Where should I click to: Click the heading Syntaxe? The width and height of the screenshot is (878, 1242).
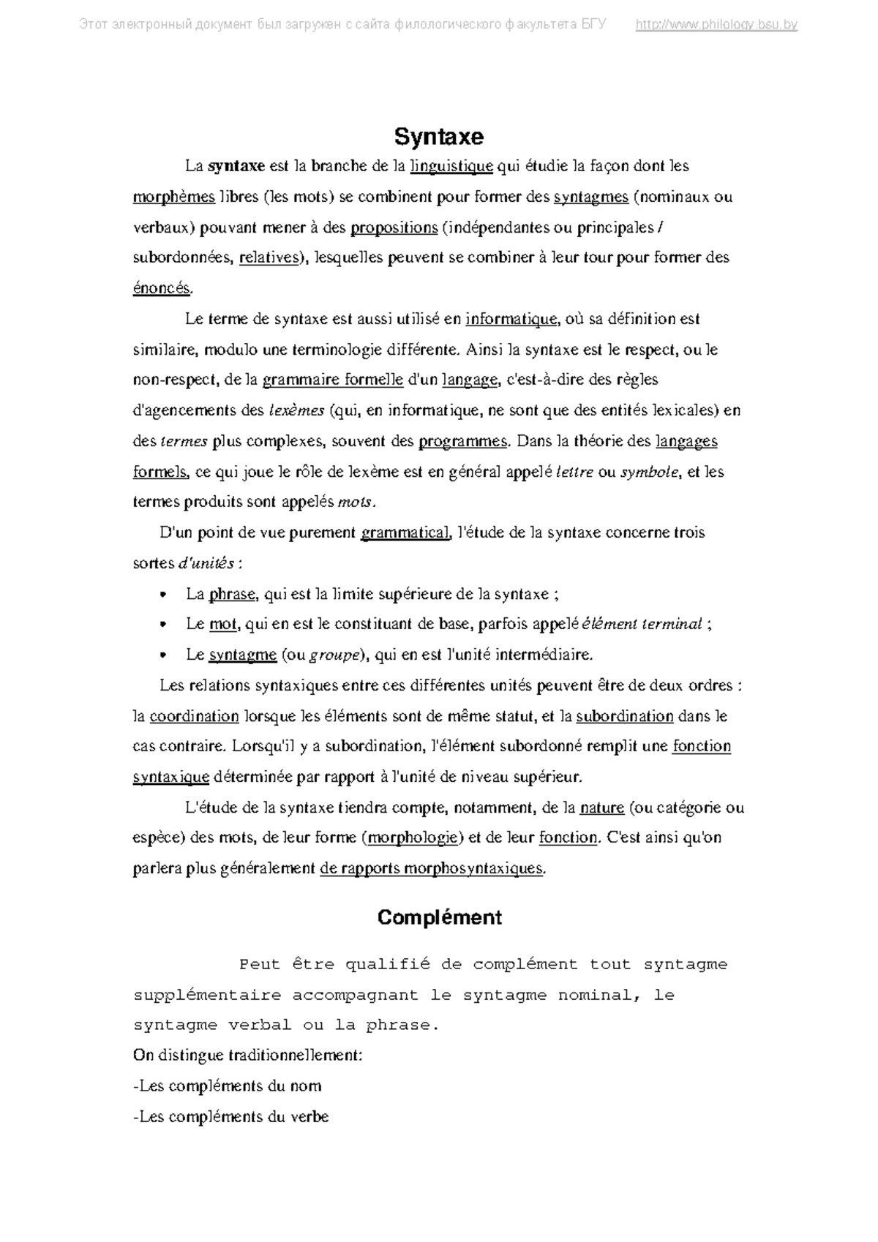[x=439, y=137]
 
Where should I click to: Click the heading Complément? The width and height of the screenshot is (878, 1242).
[x=439, y=917]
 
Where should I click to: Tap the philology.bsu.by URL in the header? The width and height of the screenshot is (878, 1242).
[x=716, y=25]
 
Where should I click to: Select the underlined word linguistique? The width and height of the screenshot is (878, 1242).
[x=451, y=166]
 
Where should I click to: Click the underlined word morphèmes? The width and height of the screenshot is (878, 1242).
[x=174, y=197]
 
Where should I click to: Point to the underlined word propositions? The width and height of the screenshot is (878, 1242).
[x=394, y=227]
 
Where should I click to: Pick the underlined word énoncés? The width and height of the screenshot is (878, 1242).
[x=162, y=288]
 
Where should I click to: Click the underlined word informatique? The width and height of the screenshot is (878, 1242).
[x=511, y=319]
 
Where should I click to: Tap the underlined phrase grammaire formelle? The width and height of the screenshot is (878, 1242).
[x=333, y=380]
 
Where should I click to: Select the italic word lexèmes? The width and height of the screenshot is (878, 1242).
[x=296, y=410]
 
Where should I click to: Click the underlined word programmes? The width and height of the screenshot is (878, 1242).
[x=462, y=441]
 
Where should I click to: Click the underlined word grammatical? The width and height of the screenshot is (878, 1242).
[x=404, y=532]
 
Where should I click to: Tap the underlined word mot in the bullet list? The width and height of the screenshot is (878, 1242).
[x=223, y=624]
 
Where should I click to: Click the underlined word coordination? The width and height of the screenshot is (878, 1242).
[x=194, y=716]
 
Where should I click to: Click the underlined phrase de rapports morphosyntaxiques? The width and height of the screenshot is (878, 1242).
[x=432, y=868]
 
